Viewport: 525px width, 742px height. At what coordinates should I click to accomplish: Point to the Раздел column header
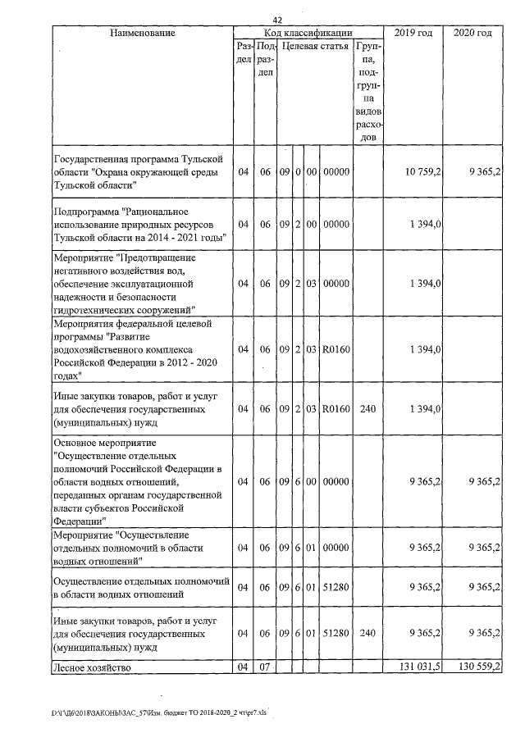[x=243, y=54]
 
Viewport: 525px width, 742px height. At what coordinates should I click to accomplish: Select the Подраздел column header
[x=264, y=61]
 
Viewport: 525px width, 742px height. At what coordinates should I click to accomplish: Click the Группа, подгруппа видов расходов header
[x=368, y=92]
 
